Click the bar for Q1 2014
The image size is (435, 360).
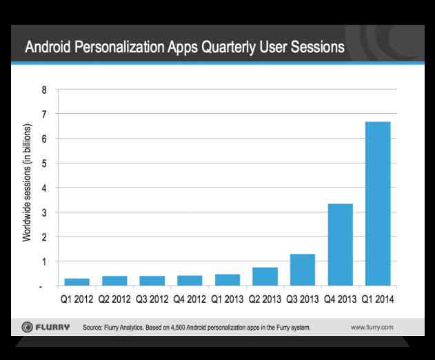[x=377, y=203]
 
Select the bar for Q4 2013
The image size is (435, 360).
[x=340, y=245]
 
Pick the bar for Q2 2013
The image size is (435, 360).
[x=265, y=277]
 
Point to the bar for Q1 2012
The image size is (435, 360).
[x=77, y=282]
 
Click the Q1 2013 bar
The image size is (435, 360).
[x=227, y=280]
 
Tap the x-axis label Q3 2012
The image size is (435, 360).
[x=152, y=299]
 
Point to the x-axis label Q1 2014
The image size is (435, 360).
[x=378, y=299]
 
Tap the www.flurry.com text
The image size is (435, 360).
[x=372, y=327]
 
